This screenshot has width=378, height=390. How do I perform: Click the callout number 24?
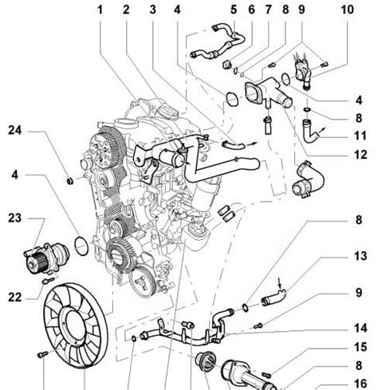coord(15,131)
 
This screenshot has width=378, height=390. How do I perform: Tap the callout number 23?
coord(15,219)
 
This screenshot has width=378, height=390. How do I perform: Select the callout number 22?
coord(15,297)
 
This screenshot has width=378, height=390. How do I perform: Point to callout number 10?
coord(348,10)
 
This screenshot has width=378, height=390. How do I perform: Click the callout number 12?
coord(360,155)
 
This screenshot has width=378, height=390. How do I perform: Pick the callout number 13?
coord(360,256)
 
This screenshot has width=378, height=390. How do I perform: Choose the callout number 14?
coord(360,328)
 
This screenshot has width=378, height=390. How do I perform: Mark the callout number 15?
coord(360,347)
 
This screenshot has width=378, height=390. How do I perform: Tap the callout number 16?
coord(360,384)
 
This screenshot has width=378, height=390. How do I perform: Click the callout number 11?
coord(360,136)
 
